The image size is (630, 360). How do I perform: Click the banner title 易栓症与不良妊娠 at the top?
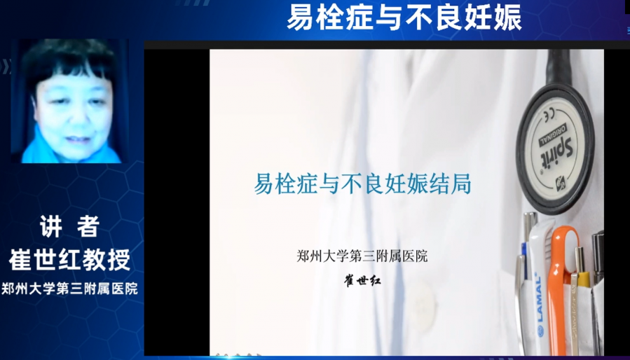tap(404, 18)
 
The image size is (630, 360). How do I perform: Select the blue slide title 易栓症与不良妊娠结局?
tap(362, 184)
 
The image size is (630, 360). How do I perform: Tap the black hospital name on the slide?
tap(362, 256)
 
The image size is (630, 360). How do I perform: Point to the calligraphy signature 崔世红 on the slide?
tap(362, 280)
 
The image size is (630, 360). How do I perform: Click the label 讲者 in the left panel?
tap(69, 227)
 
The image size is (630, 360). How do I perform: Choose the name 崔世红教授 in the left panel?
tap(69, 260)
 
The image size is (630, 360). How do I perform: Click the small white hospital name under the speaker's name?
tap(69, 289)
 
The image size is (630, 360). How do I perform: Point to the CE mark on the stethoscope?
tap(547, 116)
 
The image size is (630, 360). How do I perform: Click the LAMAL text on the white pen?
tap(539, 298)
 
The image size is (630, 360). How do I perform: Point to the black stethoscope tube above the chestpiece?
tap(559, 67)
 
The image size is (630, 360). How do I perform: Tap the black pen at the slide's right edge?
tap(598, 257)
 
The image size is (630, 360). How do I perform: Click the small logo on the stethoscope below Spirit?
tap(561, 184)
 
